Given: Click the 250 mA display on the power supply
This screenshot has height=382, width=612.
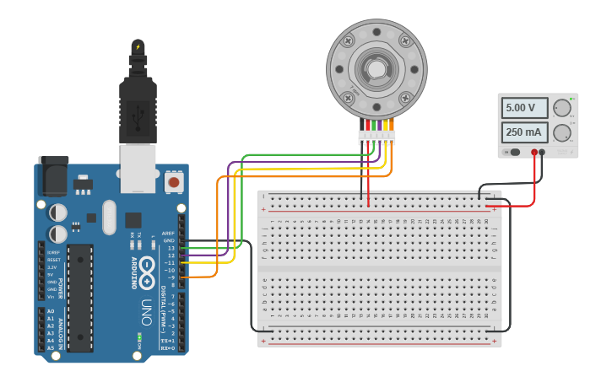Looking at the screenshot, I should pyautogui.click(x=523, y=132).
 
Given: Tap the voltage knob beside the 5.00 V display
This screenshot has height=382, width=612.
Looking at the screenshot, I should pyautogui.click(x=561, y=108).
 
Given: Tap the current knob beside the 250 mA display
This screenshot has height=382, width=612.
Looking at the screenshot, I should pyautogui.click(x=561, y=132).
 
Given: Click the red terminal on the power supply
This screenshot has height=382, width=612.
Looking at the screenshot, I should pyautogui.click(x=534, y=153).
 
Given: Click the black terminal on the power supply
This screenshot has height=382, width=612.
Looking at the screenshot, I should pyautogui.click(x=542, y=153).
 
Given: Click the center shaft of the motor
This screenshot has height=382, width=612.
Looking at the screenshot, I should pyautogui.click(x=376, y=68).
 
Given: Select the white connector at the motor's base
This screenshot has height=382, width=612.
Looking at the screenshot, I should pyautogui.click(x=376, y=137).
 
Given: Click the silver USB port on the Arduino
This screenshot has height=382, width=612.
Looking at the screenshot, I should pyautogui.click(x=138, y=166).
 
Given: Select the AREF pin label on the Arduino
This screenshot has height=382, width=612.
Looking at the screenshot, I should pyautogui.click(x=168, y=233).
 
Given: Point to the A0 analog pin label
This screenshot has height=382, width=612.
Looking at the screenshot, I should pyautogui.click(x=51, y=311).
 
